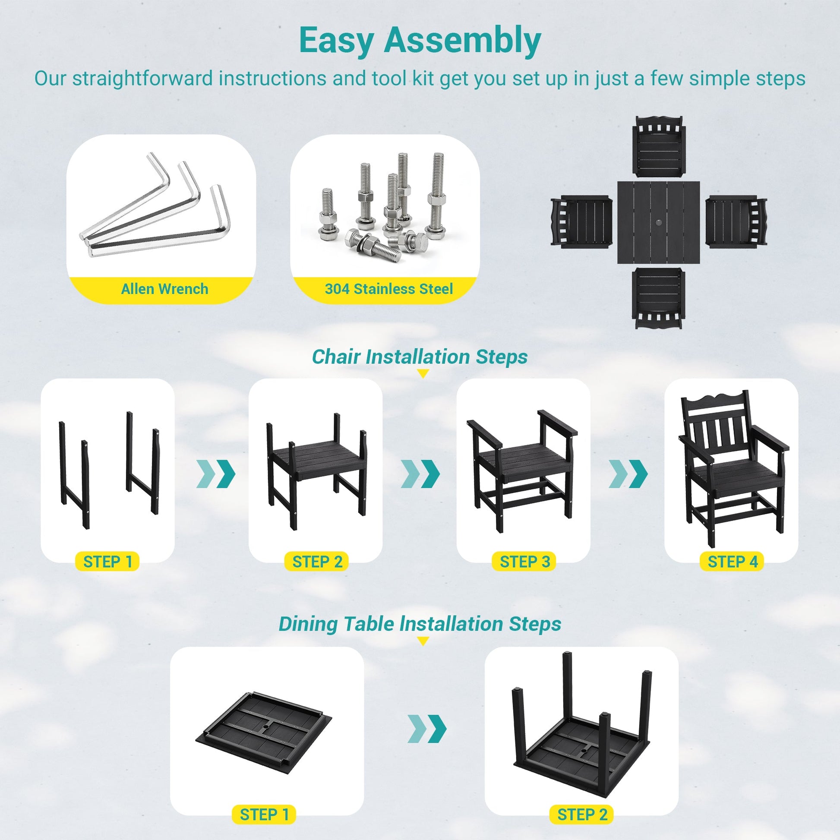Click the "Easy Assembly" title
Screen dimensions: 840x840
click(x=420, y=41)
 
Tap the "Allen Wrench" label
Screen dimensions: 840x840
click(x=164, y=289)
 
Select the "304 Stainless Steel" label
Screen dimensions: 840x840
click(x=388, y=289)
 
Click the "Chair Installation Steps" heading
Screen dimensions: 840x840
click(x=420, y=357)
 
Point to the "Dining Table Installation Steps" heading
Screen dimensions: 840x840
click(x=420, y=624)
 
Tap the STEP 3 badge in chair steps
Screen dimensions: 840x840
click(x=524, y=562)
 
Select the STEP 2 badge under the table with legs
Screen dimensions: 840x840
click(x=582, y=815)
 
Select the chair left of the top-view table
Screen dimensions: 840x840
click(x=581, y=222)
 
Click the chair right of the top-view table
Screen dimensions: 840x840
click(x=736, y=222)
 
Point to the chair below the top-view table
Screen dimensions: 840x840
click(x=658, y=298)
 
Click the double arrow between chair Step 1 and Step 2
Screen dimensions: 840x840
click(x=216, y=474)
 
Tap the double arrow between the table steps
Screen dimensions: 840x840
click(x=427, y=729)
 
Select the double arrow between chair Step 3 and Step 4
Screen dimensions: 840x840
click(x=628, y=474)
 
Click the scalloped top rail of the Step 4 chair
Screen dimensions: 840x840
click(x=715, y=401)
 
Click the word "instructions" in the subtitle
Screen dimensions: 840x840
click(x=272, y=79)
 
